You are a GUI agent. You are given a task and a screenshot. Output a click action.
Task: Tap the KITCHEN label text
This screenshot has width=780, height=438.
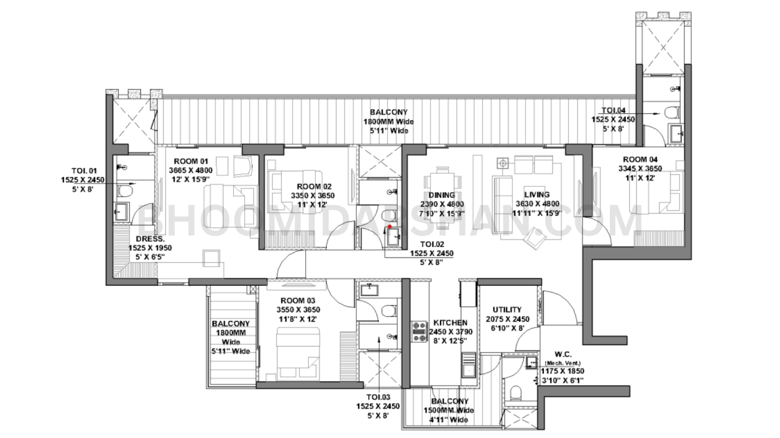(x=450, y=323)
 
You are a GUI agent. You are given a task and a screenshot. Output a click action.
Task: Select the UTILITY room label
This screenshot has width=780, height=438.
(x=507, y=310)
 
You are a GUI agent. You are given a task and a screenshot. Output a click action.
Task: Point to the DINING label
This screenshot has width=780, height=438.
(x=442, y=195)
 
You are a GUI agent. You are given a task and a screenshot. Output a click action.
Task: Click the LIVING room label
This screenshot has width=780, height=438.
(x=537, y=195)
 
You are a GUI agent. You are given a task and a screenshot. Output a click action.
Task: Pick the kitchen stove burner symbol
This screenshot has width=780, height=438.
(x=418, y=331)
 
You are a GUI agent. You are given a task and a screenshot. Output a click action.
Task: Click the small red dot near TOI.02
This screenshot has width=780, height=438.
(x=390, y=227)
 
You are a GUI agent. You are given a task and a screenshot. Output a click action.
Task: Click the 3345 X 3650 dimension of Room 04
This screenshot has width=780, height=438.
(x=640, y=168)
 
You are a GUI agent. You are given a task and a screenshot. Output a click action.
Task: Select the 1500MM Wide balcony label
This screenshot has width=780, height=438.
(x=449, y=410)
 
